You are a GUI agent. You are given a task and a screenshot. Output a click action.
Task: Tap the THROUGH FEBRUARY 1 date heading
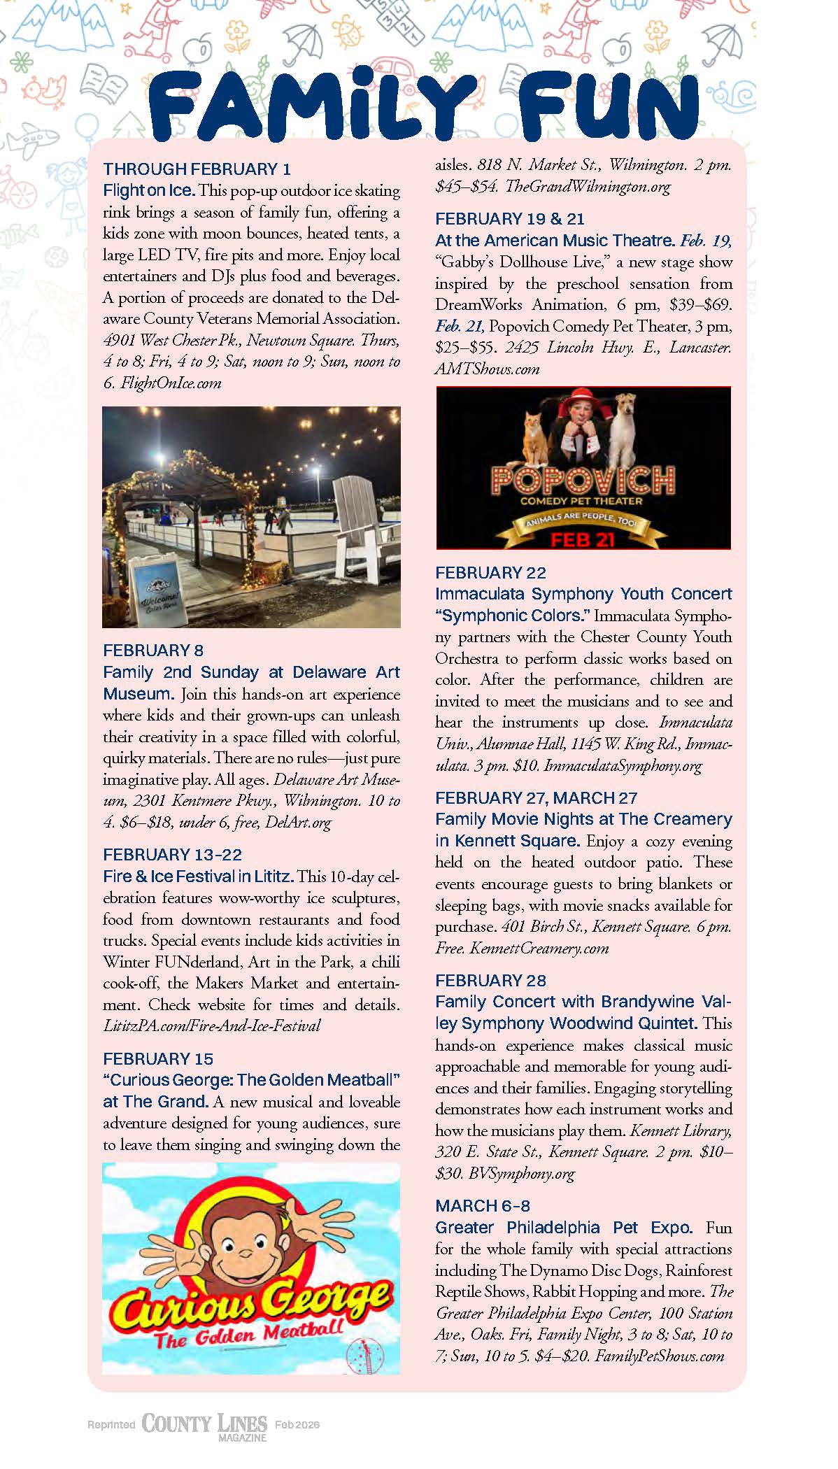coord(197,169)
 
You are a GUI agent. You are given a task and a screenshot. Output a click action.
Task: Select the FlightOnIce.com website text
coord(171,383)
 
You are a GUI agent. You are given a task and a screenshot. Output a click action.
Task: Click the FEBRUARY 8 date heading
coord(152,651)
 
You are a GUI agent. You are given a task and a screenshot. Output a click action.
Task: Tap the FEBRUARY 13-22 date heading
coord(172,854)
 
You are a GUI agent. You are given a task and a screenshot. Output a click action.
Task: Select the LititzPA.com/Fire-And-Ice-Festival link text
coord(211,1026)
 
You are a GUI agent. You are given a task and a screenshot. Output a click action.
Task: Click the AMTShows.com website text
coord(487,369)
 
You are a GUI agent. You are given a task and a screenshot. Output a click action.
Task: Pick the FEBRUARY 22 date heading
coord(490,573)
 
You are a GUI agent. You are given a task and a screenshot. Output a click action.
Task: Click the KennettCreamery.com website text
coord(539,948)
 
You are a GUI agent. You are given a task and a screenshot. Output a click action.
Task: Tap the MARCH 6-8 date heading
coord(482,1205)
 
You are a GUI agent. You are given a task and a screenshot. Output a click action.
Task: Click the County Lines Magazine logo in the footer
coord(204,1425)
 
